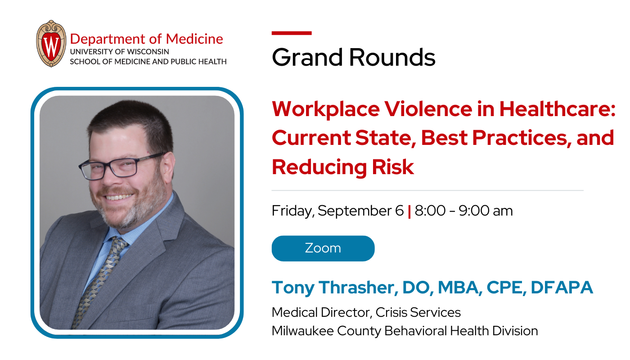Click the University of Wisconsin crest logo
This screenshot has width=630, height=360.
coord(51,44)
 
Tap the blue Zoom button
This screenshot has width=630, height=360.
coord(323,248)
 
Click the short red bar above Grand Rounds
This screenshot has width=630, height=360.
coord(292,33)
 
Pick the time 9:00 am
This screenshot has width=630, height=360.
coord(486,211)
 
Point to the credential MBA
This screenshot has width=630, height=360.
coord(454,288)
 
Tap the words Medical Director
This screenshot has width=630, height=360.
coord(321,312)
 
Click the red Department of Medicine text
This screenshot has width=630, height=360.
coord(146,39)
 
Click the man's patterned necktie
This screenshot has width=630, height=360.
coord(101,274)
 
